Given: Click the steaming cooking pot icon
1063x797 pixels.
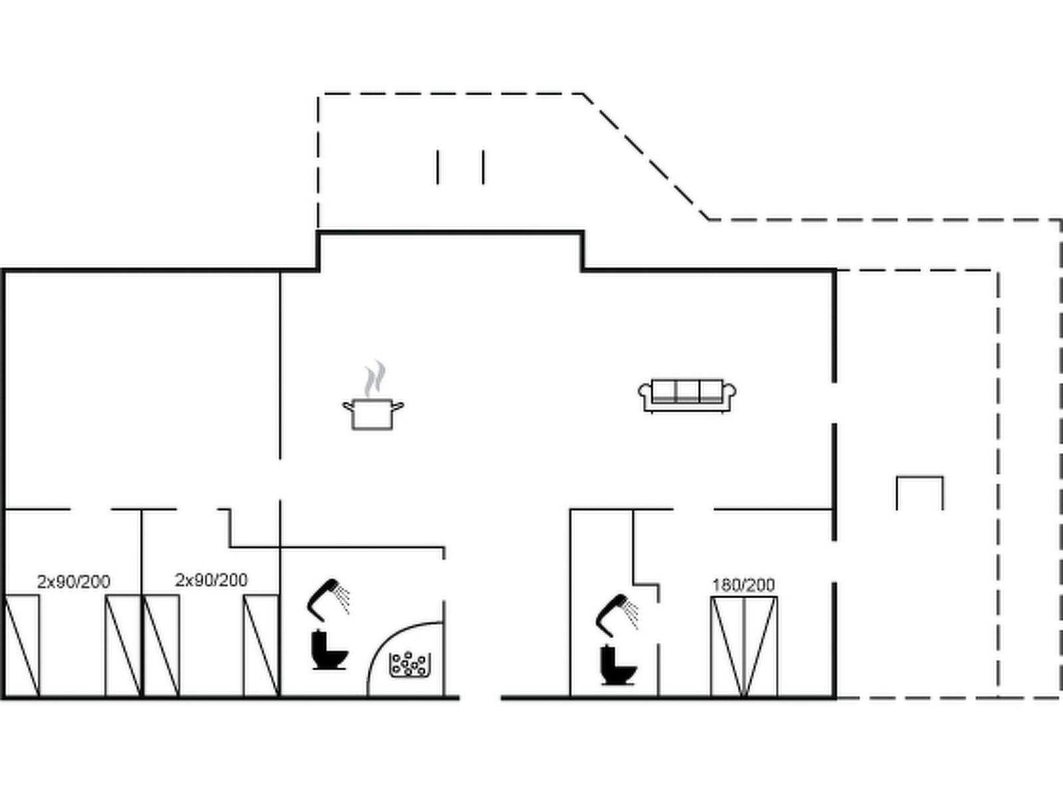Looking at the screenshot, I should pyautogui.click(x=372, y=413).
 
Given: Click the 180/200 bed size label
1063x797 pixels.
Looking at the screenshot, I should pyautogui.click(x=743, y=585).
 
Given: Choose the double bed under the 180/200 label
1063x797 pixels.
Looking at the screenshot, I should pyautogui.click(x=743, y=646).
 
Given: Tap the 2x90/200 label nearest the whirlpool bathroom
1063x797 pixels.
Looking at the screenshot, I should pyautogui.click(x=211, y=580).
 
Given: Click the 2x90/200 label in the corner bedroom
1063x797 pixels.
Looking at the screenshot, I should pyautogui.click(x=74, y=582).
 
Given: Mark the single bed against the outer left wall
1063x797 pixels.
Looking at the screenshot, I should pyautogui.click(x=22, y=646).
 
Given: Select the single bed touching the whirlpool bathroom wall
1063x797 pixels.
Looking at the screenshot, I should pyautogui.click(x=261, y=646).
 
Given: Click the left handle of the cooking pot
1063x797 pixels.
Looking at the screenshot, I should pyautogui.click(x=347, y=404).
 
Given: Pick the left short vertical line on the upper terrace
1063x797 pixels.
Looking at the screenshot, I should pyautogui.click(x=438, y=167).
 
